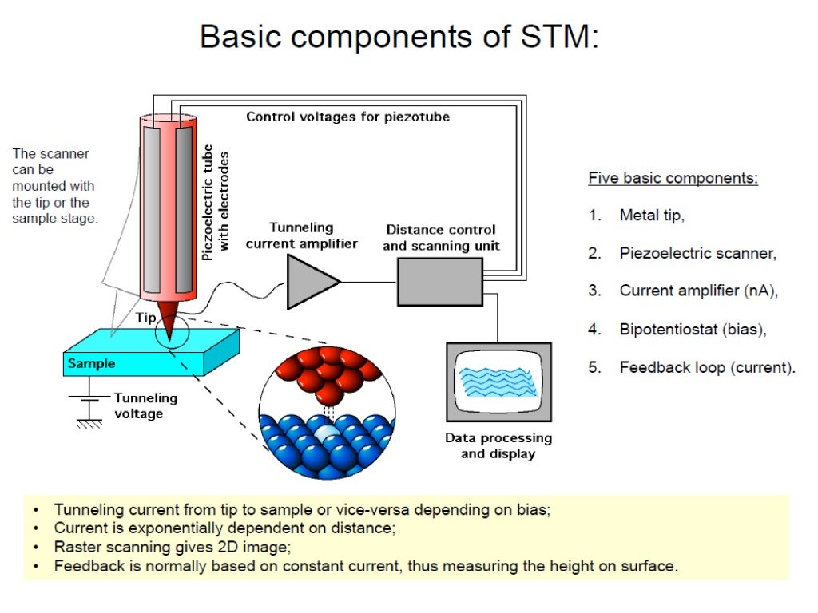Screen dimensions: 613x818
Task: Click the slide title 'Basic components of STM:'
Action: click(x=399, y=37)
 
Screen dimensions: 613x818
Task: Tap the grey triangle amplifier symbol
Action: click(x=310, y=281)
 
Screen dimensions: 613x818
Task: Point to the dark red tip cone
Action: click(x=170, y=318)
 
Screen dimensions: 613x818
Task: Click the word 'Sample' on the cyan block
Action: click(x=91, y=364)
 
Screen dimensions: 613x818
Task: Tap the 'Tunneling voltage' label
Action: click(x=145, y=405)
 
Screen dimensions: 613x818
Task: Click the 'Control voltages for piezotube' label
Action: click(x=347, y=117)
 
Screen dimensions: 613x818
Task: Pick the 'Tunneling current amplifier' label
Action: click(x=301, y=235)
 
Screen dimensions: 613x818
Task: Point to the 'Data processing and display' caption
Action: click(x=498, y=445)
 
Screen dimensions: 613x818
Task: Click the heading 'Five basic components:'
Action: click(x=673, y=178)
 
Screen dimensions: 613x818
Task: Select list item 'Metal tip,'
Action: click(x=652, y=216)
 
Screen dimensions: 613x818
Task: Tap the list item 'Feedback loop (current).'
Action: click(x=707, y=368)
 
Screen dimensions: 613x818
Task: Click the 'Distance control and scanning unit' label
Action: click(x=441, y=238)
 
